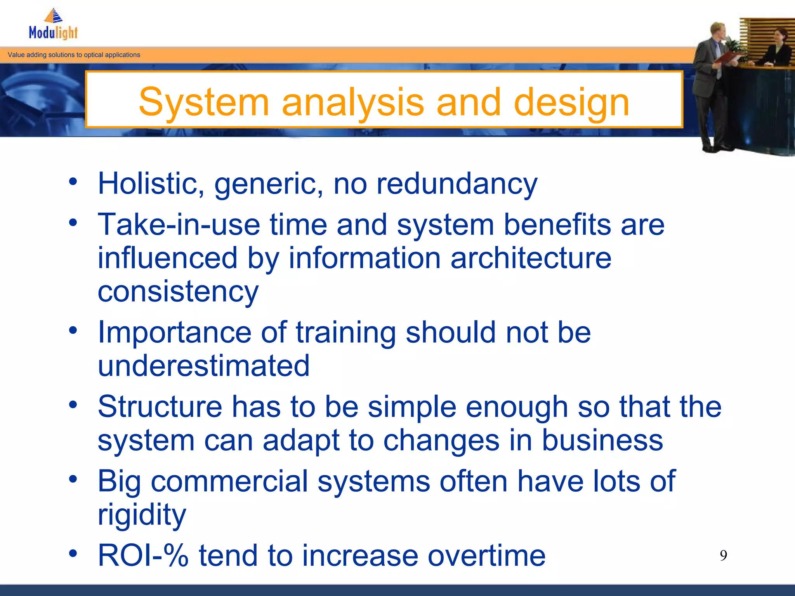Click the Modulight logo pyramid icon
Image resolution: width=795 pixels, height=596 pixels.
click(x=54, y=16)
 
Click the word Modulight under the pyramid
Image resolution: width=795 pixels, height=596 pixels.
click(x=53, y=33)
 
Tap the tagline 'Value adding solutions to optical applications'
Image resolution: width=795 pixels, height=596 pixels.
click(x=74, y=55)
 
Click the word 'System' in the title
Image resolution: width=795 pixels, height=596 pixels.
click(x=204, y=102)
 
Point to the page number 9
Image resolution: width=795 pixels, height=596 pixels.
click(x=723, y=556)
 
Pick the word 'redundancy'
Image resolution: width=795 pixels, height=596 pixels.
click(x=457, y=184)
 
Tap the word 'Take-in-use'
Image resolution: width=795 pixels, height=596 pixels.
click(x=179, y=225)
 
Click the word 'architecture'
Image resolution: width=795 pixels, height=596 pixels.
click(x=531, y=258)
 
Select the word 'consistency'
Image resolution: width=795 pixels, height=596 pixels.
click(x=178, y=292)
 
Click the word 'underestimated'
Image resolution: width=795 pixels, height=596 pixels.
click(x=203, y=366)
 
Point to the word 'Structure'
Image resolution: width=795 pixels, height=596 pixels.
click(x=160, y=407)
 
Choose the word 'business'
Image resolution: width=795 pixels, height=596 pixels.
click(x=602, y=440)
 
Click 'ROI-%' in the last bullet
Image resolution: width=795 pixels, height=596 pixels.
click(x=143, y=556)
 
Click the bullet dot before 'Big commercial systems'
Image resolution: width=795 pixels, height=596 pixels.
click(x=73, y=480)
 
